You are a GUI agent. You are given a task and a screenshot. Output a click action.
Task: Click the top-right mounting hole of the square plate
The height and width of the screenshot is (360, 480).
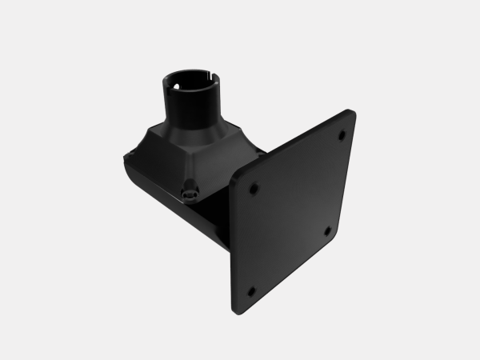342,134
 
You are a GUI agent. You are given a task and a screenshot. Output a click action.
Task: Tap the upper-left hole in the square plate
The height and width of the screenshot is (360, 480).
254,190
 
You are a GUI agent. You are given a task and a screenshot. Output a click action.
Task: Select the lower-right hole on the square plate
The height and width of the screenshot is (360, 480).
327,231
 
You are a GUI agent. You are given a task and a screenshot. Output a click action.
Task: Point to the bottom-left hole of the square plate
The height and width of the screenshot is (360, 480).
250,291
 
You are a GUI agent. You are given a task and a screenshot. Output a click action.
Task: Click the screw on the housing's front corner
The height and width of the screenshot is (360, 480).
189,192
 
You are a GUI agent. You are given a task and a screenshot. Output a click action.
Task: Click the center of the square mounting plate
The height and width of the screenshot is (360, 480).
292,212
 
